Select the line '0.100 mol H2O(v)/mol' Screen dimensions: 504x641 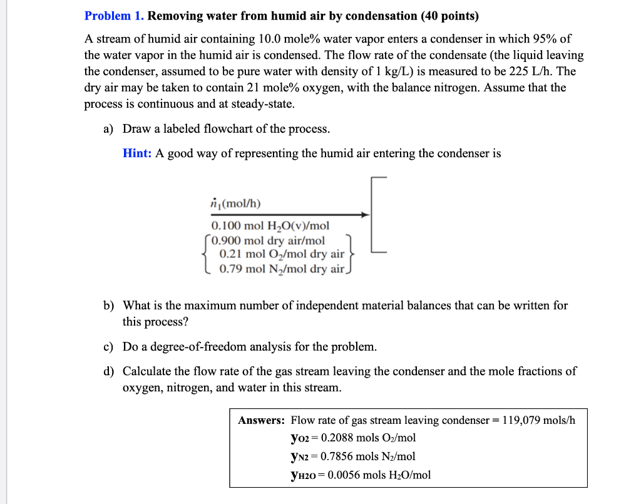point(270,226)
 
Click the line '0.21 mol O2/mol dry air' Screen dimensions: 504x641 point(282,254)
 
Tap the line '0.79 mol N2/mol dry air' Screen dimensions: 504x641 point(282,269)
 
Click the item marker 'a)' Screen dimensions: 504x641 point(108,129)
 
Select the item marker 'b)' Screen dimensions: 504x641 point(109,306)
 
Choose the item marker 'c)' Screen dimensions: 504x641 point(108,346)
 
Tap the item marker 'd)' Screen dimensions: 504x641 point(109,371)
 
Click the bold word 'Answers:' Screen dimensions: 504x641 point(262,420)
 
